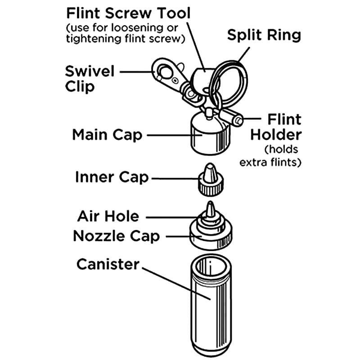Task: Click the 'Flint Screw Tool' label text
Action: pos(128,13)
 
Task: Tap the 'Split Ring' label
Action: pos(264,35)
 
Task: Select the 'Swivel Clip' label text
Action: pos(90,79)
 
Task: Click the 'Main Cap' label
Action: pos(107,135)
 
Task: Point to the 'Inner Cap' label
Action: pos(112,177)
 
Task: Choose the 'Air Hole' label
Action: pos(108,216)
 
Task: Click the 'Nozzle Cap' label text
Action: pos(117,236)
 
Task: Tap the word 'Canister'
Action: pos(108,264)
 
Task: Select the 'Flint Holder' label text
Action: pos(276,127)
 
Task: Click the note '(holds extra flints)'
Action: pos(270,156)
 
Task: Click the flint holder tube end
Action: pos(239,120)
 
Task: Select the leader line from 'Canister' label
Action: pos(176,283)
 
